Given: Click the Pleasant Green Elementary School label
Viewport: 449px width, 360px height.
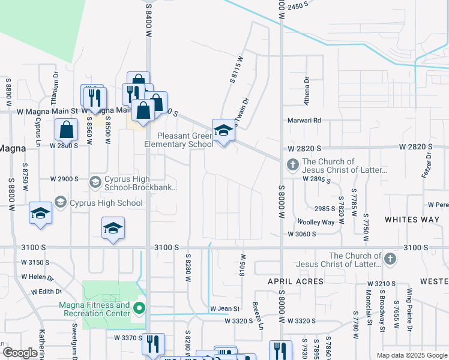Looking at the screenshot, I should [179, 140].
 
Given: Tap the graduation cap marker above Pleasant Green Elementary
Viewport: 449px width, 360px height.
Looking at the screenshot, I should [223, 130].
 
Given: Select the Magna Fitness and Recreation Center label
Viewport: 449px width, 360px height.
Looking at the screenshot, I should [95, 309].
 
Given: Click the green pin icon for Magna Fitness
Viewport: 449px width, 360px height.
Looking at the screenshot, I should [139, 309].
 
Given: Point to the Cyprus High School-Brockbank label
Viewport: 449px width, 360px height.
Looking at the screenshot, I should [142, 183].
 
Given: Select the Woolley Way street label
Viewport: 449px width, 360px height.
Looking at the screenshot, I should [315, 222].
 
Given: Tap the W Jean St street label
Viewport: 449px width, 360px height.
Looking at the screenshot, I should [224, 309].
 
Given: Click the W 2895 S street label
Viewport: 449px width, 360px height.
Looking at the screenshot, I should [317, 179].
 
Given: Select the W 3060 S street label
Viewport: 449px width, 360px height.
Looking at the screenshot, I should [301, 234].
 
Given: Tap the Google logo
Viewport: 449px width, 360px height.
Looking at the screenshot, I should [20, 353].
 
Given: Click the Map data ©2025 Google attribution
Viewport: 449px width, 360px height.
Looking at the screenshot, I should [412, 355].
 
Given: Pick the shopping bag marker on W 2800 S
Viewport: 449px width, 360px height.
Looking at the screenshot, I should [66, 130].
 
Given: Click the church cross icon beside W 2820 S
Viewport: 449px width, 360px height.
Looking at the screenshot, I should [292, 164].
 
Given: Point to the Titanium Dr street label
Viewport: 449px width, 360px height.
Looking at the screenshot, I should [55, 86].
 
